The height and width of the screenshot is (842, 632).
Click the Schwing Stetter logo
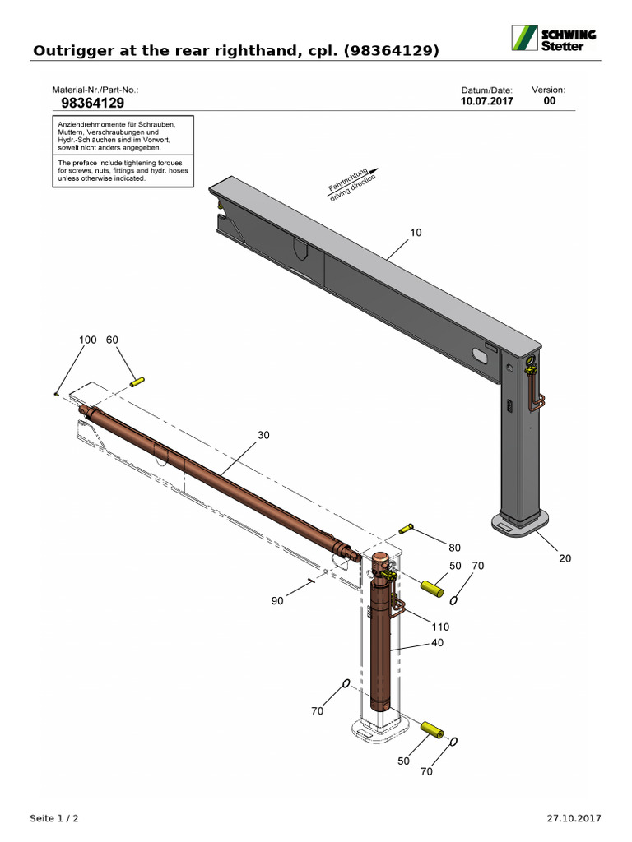pos(554,38)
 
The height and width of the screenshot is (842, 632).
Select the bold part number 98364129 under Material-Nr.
pos(93,103)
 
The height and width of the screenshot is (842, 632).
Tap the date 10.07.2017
pos(487,102)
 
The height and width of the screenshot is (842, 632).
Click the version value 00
pos(550,101)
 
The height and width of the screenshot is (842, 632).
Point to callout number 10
pos(416,233)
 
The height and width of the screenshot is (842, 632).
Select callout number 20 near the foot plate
pos(565,558)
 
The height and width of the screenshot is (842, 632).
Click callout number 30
pos(263,435)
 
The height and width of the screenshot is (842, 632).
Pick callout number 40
pos(437,642)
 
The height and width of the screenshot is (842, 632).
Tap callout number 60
pos(113,340)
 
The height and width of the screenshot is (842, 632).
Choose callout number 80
pos(454,547)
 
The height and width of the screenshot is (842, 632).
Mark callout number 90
pos(277,601)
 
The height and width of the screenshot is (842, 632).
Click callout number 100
pos(88,340)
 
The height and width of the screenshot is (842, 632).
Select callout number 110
pos(440,626)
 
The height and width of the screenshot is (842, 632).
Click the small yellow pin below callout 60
pos(137,381)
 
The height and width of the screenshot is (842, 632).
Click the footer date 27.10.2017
pos(574,818)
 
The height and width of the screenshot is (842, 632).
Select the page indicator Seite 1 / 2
pos(54,818)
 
